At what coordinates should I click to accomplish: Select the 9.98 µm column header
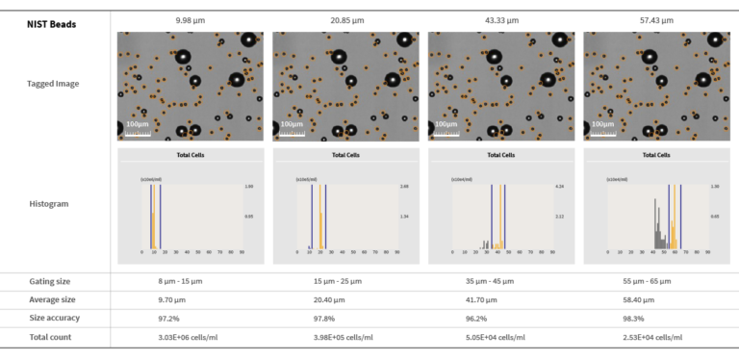coord(191,20)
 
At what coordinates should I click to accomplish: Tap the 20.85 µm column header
coord(345,20)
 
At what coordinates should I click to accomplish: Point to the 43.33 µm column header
coord(500,20)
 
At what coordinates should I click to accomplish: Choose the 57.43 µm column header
coord(656,20)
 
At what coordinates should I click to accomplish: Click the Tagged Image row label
coord(53,84)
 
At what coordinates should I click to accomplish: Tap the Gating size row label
coord(50,281)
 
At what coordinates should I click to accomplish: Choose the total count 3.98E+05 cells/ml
coord(345,337)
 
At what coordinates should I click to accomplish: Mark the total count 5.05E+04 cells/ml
coord(500,337)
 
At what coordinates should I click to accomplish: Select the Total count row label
coord(50,337)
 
